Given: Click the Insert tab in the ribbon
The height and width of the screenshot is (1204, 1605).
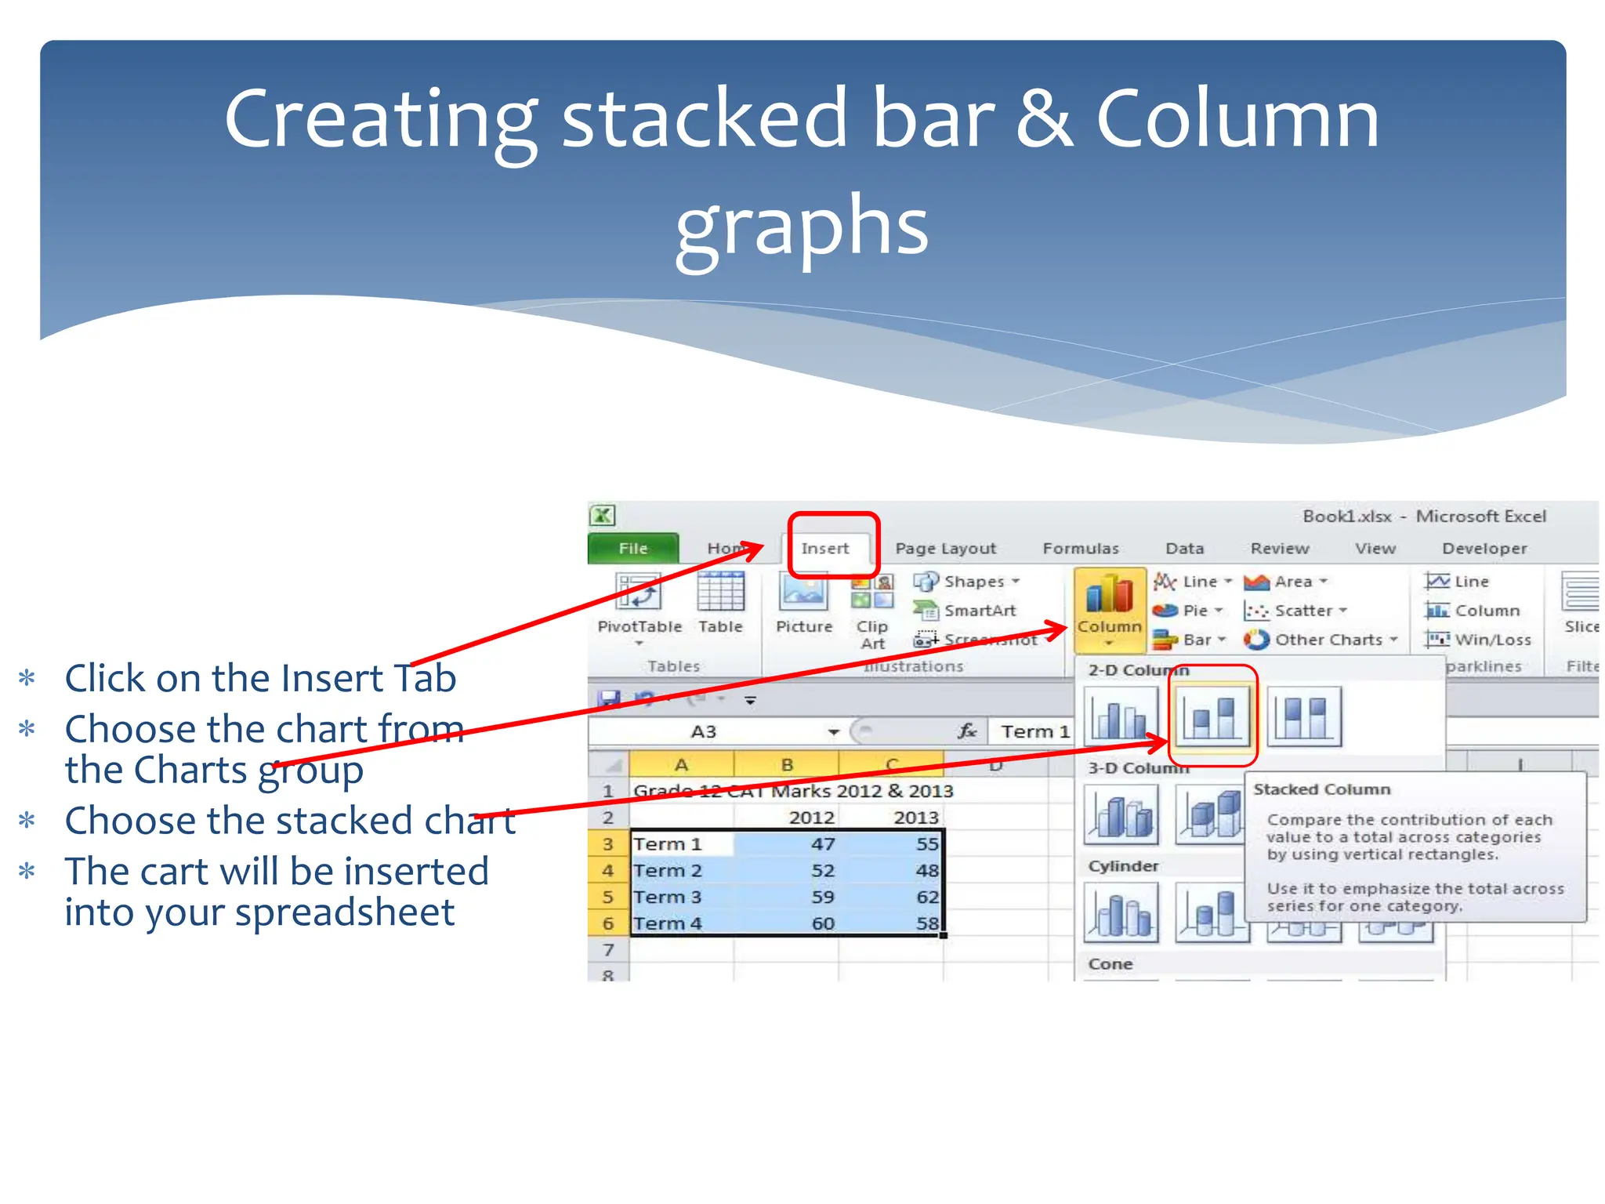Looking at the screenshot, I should (x=825, y=549).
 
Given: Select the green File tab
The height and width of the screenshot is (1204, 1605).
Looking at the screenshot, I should (x=632, y=549).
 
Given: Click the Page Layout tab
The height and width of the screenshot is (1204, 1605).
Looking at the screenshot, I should (x=945, y=549).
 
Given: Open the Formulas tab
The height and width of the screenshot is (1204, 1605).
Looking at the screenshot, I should (x=1080, y=549).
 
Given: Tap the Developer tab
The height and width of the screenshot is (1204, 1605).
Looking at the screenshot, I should (x=1484, y=549).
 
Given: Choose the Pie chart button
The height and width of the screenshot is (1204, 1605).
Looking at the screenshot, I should (x=1187, y=611).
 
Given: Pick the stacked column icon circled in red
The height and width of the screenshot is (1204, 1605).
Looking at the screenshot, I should (x=1212, y=715).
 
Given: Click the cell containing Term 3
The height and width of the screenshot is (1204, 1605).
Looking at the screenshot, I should (x=668, y=897).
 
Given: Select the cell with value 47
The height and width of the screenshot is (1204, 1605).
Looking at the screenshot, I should (x=822, y=844).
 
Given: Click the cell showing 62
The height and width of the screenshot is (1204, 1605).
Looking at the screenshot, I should (x=926, y=897).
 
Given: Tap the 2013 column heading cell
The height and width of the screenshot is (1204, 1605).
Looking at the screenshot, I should (x=915, y=818).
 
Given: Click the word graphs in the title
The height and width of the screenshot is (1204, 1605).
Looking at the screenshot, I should (x=802, y=227).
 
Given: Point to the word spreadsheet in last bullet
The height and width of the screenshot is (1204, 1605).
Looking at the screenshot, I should (x=345, y=912).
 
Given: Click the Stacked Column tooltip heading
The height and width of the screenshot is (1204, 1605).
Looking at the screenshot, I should (x=1321, y=789).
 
